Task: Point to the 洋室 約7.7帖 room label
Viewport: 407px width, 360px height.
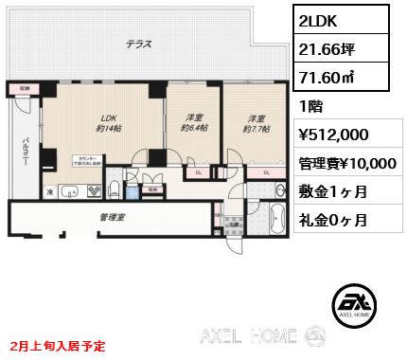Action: (x=254, y=124)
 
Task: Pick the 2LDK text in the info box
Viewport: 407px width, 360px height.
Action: (x=321, y=20)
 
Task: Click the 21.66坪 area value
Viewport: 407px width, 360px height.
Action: (x=327, y=47)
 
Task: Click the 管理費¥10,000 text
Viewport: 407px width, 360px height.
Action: (x=347, y=163)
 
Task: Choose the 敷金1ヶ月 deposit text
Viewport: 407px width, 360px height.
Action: (x=333, y=191)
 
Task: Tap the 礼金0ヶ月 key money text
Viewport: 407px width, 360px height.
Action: (x=333, y=220)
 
